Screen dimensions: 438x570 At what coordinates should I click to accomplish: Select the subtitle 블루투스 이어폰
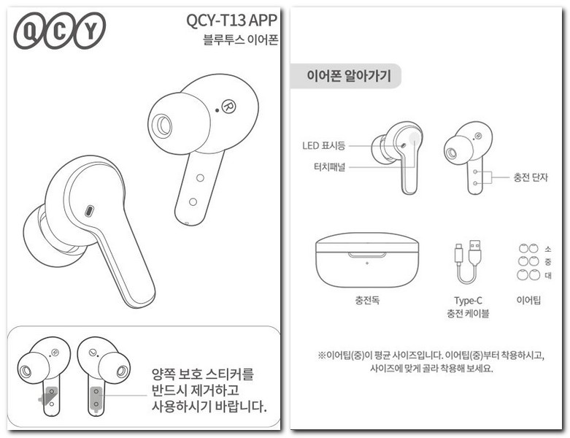coord(240,39)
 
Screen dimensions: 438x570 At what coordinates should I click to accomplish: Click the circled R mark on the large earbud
coord(229,105)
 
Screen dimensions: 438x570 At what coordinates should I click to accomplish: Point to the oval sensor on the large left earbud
coord(89,211)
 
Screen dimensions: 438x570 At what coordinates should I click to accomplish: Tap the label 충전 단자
coord(531,177)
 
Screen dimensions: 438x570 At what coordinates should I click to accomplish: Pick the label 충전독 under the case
coord(366,300)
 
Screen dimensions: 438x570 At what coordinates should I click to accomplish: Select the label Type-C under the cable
coord(468,300)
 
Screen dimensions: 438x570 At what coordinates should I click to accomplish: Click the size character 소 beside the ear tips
coord(548,249)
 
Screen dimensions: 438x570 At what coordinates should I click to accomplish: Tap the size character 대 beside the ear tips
coord(548,275)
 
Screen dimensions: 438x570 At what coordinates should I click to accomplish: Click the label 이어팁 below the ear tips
coord(528,300)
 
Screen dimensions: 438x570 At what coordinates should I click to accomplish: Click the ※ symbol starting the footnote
coord(320,356)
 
